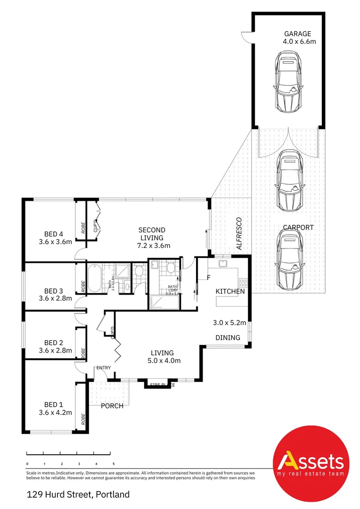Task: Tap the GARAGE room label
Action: (297, 33)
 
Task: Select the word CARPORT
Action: (298, 227)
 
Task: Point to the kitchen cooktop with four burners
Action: (243, 283)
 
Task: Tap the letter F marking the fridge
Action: (207, 277)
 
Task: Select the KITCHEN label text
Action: (230, 291)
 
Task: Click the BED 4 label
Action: (54, 234)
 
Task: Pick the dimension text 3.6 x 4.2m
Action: (55, 412)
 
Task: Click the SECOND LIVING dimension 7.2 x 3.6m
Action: (154, 246)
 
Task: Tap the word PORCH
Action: (112, 406)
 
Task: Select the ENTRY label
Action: (104, 368)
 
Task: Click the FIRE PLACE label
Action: (162, 385)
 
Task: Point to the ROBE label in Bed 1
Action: (83, 419)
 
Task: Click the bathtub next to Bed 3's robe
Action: (93, 278)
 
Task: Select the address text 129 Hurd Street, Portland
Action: (78, 494)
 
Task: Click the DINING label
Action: (228, 337)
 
